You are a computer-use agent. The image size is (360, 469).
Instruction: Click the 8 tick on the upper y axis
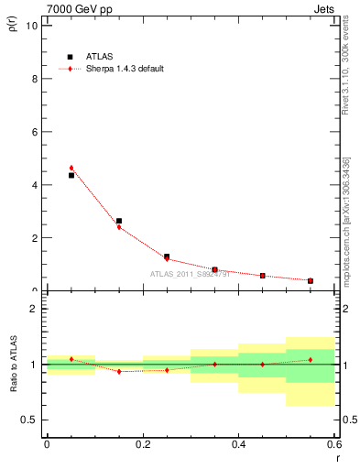[36, 79]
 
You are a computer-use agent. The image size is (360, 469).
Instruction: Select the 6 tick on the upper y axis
[36, 132]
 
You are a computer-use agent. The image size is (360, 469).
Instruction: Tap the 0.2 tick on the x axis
[143, 445]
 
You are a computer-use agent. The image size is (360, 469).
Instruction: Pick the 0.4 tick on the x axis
[238, 445]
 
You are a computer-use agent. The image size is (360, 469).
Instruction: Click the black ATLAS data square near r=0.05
[71, 175]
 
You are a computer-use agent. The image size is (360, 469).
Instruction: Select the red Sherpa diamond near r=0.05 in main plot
[71, 168]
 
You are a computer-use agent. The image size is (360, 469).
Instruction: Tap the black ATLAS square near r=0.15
[119, 221]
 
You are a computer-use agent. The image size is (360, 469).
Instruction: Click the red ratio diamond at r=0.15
[119, 371]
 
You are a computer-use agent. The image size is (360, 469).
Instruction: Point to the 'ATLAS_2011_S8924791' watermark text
[190, 275]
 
